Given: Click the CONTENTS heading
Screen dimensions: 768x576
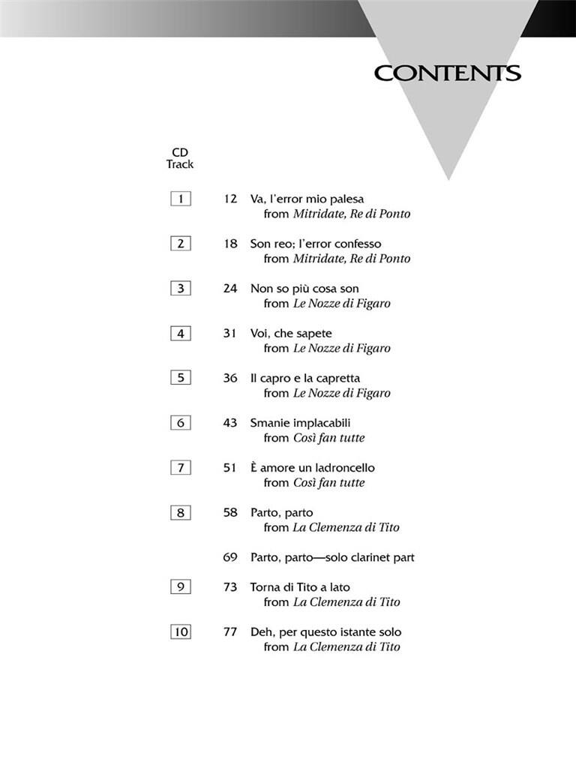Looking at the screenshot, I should pyautogui.click(x=447, y=73).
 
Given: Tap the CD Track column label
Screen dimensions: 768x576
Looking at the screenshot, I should pyautogui.click(x=180, y=158).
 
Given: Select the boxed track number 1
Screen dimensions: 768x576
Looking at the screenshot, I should pyautogui.click(x=181, y=199).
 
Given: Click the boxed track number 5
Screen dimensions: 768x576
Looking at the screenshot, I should pyautogui.click(x=181, y=378).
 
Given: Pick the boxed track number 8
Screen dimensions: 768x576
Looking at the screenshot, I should pyautogui.click(x=181, y=513).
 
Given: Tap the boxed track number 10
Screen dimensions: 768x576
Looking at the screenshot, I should pyautogui.click(x=181, y=632).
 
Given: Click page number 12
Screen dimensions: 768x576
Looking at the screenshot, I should pyautogui.click(x=229, y=199).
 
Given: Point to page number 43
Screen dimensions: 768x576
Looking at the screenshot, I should pyautogui.click(x=229, y=423).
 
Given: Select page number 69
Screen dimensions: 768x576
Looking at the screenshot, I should pyautogui.click(x=229, y=557).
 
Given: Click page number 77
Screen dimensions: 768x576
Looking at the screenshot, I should pyautogui.click(x=229, y=632).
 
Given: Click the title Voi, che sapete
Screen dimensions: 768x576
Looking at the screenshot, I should pyautogui.click(x=291, y=333).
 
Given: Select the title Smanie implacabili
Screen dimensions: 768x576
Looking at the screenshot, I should pyautogui.click(x=300, y=423).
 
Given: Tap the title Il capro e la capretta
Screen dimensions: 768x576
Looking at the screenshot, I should pyautogui.click(x=305, y=378).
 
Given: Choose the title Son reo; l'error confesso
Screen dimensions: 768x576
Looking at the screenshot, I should pyautogui.click(x=316, y=244).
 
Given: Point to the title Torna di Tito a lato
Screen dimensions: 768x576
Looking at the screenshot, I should pyautogui.click(x=300, y=587).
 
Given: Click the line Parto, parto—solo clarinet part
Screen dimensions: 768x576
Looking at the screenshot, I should pyautogui.click(x=332, y=557).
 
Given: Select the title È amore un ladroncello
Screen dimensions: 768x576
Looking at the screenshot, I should pyautogui.click(x=313, y=468).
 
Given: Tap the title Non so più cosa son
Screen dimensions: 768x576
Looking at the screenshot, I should pyautogui.click(x=304, y=289).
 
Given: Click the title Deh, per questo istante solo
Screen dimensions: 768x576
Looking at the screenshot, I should pyautogui.click(x=325, y=632).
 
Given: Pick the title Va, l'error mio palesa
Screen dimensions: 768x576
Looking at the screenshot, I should pyautogui.click(x=307, y=199).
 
